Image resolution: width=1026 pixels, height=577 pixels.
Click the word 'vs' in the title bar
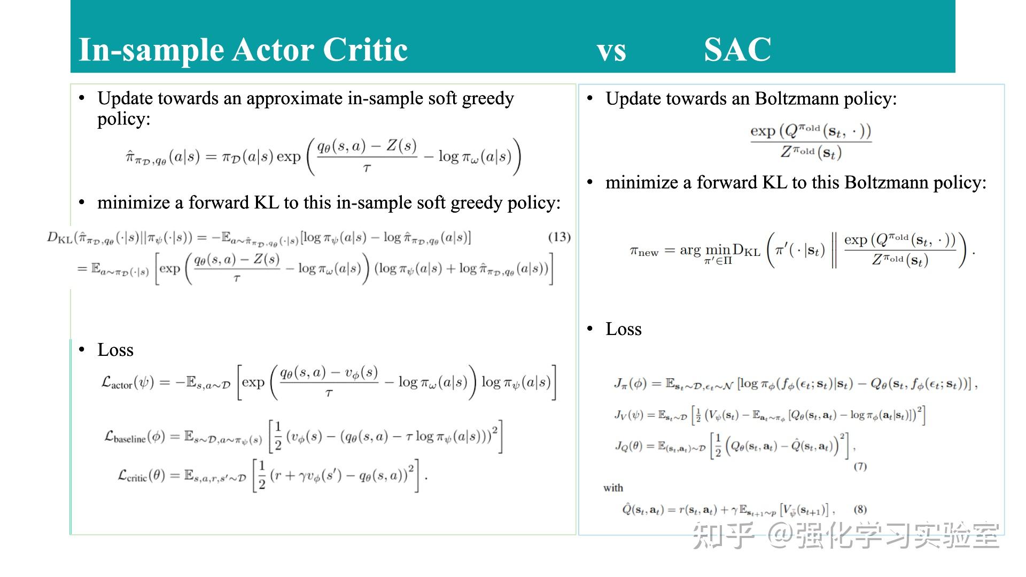(611, 51)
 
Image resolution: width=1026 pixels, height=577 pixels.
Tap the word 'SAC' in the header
(737, 50)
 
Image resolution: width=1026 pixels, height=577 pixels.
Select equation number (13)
(559, 237)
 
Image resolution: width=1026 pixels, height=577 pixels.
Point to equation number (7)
(860, 466)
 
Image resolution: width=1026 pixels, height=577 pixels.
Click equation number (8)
(860, 509)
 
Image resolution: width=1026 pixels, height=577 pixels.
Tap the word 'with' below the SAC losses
(613, 487)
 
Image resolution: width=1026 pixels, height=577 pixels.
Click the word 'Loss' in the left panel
(115, 350)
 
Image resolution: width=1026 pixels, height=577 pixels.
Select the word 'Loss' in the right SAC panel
(624, 329)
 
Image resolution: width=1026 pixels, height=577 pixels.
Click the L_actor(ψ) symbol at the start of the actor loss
(127, 383)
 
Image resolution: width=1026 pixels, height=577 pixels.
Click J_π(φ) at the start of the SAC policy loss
(629, 384)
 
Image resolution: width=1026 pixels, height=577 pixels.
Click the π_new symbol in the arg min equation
(644, 251)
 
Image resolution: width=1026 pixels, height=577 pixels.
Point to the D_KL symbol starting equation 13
(60, 237)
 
